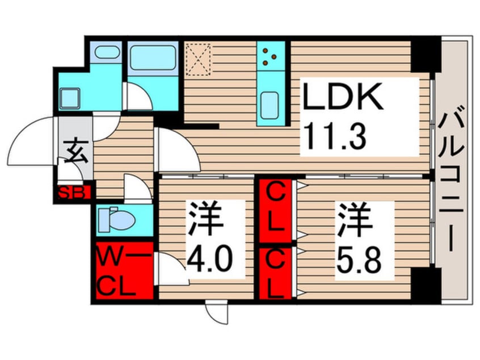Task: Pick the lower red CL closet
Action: coord(275,274)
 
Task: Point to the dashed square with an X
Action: coord(199,58)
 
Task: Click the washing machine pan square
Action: coord(72,98)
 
